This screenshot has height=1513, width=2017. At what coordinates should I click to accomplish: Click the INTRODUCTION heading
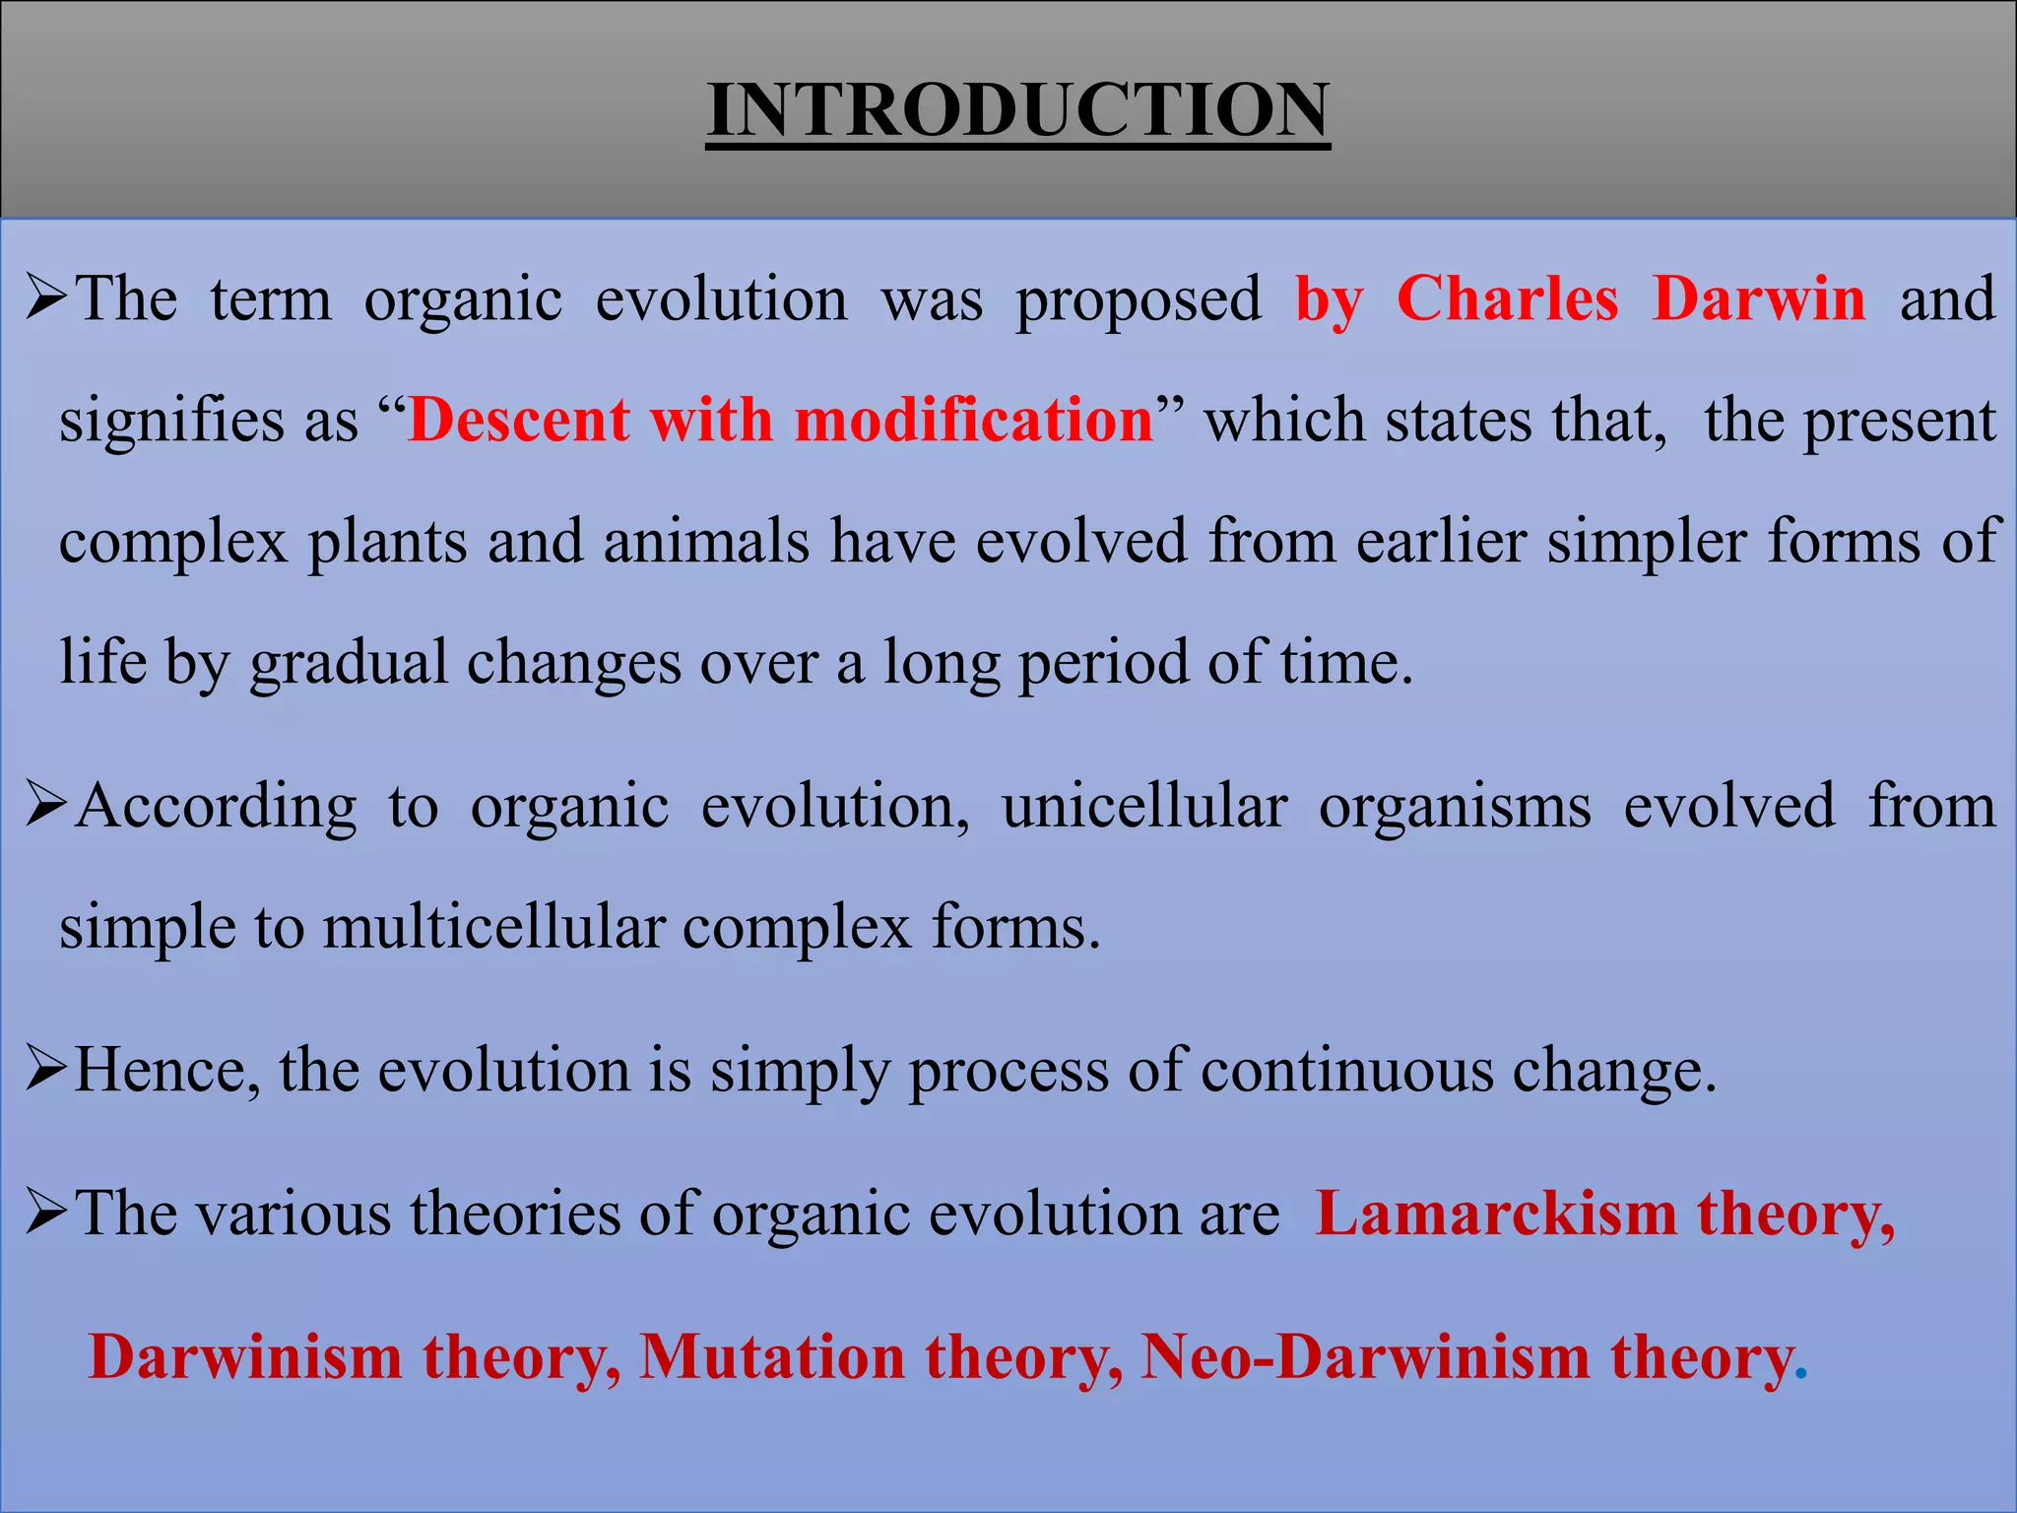point(1017,108)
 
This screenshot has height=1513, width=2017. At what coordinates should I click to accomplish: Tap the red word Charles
point(1507,298)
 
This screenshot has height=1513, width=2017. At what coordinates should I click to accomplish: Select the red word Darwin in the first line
point(1759,298)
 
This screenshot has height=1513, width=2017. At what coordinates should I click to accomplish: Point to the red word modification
point(973,421)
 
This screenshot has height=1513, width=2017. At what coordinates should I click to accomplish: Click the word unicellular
point(1144,807)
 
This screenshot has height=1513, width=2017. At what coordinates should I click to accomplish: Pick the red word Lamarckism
point(1496,1214)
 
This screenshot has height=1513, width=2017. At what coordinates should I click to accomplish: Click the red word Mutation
point(771,1357)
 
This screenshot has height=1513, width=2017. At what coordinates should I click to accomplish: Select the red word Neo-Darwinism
point(1365,1357)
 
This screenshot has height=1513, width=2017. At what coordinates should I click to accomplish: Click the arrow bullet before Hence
point(46,1070)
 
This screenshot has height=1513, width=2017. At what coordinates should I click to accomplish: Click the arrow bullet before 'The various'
point(46,1213)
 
